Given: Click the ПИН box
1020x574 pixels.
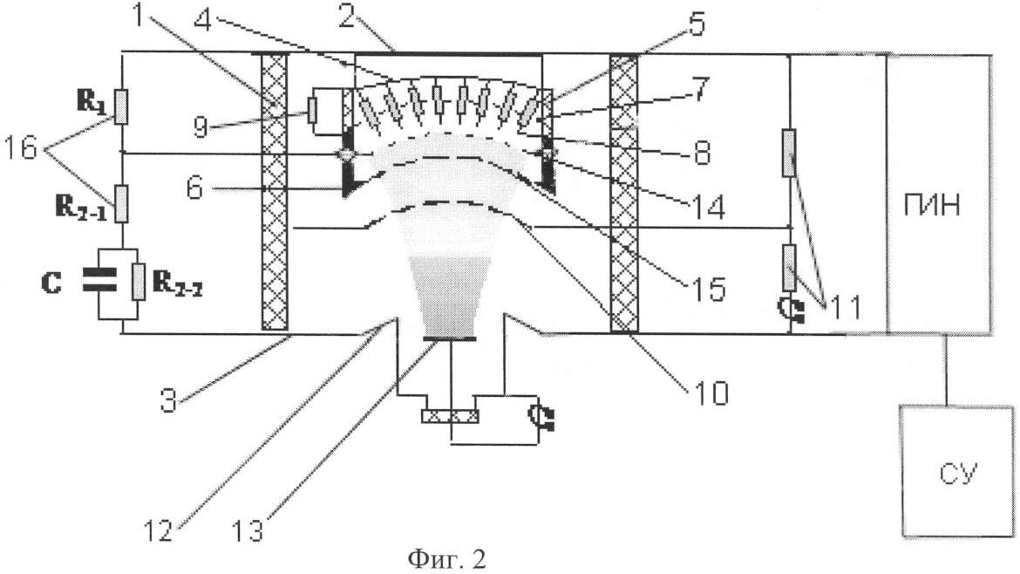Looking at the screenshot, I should pos(937,193).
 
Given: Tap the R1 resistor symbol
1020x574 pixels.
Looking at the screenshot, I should pos(122,105).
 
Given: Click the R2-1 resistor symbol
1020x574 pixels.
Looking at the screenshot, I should pos(122,202).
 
